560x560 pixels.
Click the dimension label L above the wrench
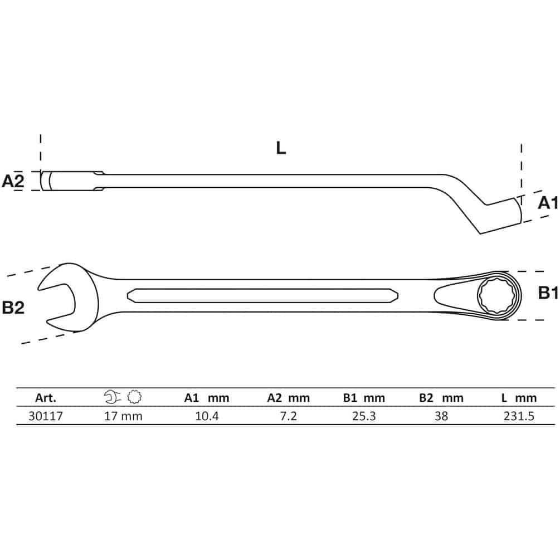coord(281,148)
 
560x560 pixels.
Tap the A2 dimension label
coord(13,181)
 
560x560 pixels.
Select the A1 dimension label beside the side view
coord(548,203)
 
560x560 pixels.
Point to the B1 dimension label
coord(548,293)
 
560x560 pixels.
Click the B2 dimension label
coord(13,308)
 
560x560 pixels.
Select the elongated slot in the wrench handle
coord(262,295)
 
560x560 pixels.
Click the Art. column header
coord(46,398)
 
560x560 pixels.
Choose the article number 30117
coord(46,416)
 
